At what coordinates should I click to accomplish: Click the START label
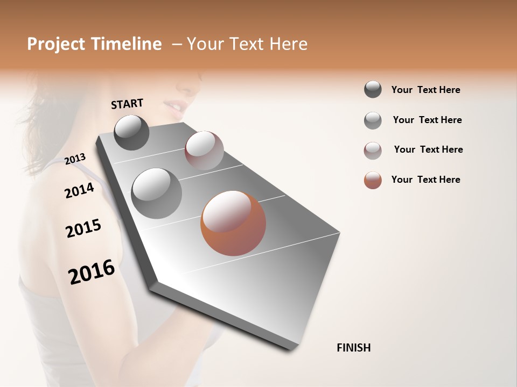click(x=127, y=104)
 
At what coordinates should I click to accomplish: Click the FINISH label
click(x=353, y=348)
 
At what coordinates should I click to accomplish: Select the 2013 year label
click(x=75, y=159)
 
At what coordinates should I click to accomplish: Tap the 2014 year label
click(x=79, y=190)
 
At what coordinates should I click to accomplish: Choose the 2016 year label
click(x=92, y=272)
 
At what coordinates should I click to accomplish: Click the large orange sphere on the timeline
click(x=233, y=223)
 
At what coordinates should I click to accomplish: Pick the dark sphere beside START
click(x=131, y=132)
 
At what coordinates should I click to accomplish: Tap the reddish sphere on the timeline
click(x=204, y=150)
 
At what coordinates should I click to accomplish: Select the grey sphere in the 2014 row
click(x=156, y=193)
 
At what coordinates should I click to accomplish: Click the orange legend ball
click(x=373, y=180)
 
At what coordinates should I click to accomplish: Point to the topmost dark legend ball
click(x=373, y=90)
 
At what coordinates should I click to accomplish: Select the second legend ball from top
click(x=373, y=120)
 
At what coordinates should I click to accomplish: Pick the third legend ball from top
click(x=373, y=150)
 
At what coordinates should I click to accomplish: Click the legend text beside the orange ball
click(x=425, y=180)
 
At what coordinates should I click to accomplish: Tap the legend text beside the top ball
click(x=425, y=90)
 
